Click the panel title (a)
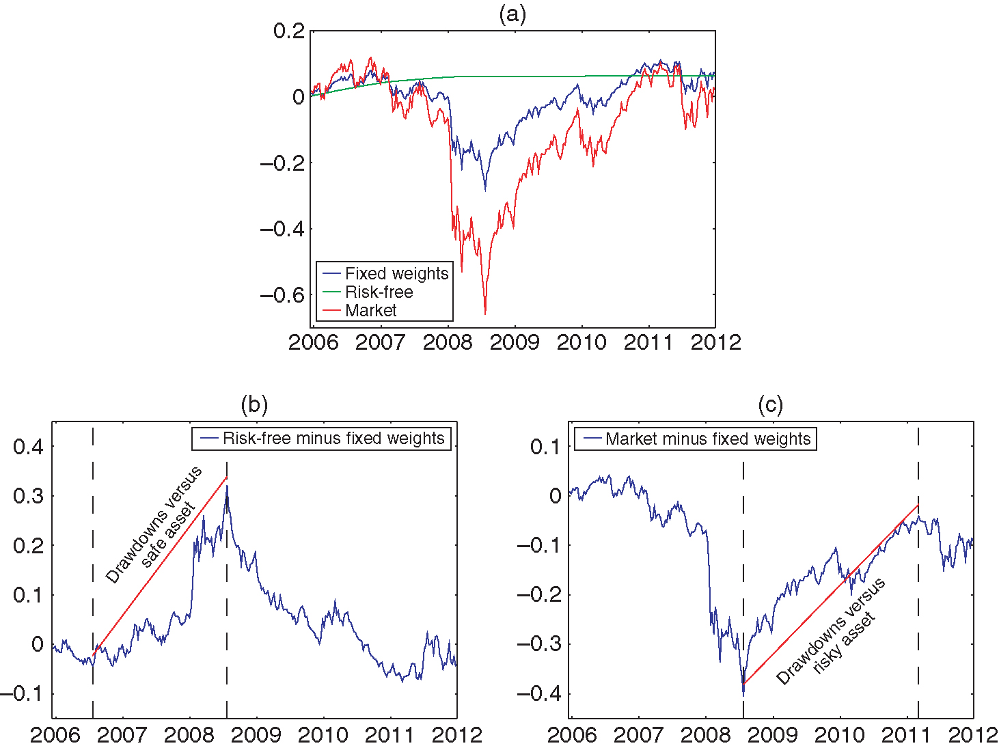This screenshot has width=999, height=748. [512, 14]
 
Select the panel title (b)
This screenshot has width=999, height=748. [254, 405]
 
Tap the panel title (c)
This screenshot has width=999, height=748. [770, 405]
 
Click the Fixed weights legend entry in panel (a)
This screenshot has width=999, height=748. [396, 274]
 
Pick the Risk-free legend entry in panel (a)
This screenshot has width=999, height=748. [379, 292]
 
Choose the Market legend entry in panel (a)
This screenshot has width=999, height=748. [370, 311]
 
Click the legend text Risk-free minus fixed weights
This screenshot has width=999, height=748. [333, 439]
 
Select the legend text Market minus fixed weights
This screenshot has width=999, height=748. [708, 439]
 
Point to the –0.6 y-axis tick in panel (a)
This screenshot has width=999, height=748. [282, 295]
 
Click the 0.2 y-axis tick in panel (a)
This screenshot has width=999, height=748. [289, 31]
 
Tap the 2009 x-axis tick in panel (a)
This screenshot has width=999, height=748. [515, 342]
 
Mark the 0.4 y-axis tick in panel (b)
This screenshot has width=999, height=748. [28, 447]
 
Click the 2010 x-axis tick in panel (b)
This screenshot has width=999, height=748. [323, 735]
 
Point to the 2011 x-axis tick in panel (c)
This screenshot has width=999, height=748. [906, 735]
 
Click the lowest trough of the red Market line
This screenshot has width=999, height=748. [485, 314]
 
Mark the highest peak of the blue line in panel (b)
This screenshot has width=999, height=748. [227, 486]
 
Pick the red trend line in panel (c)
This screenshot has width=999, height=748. [830, 594]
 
